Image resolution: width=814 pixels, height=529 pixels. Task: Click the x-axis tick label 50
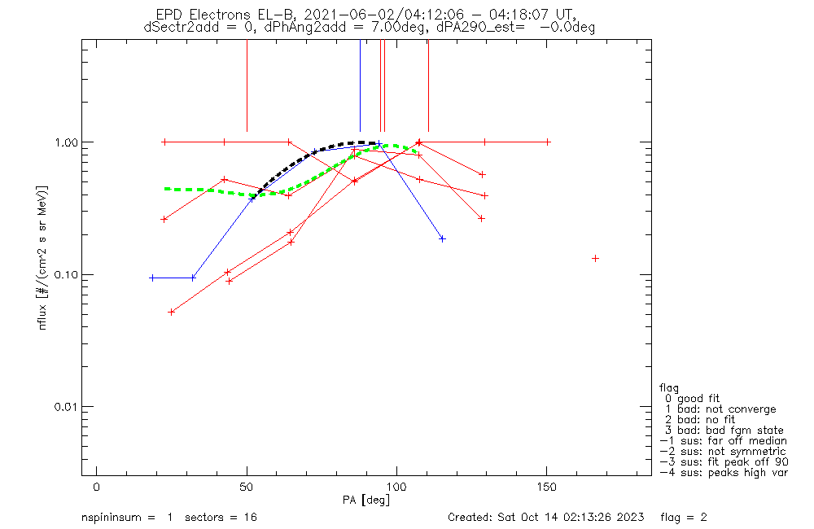coord(247,487)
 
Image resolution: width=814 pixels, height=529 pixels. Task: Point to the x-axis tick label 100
coord(396,487)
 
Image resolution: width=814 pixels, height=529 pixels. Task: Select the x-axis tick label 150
coord(547,487)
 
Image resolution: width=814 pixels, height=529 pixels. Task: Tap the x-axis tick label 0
coord(96,487)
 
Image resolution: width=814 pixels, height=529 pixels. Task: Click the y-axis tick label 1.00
coord(63,142)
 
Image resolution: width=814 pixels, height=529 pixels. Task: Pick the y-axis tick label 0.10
coord(63,275)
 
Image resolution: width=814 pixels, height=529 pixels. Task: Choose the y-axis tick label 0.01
coord(63,407)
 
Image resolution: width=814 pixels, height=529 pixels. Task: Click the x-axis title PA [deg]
coord(366,499)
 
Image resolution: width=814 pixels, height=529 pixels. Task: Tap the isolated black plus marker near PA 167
coord(595,258)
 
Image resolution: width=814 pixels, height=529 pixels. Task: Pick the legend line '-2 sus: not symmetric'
coord(723,452)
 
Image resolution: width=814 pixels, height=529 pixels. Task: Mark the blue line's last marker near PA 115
coord(442,238)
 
